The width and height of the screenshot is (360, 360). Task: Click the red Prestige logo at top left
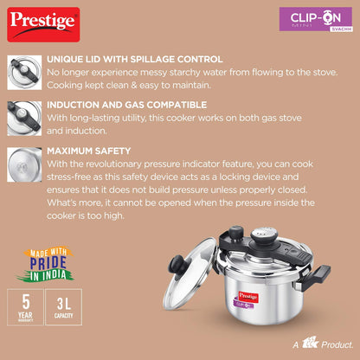click(43, 24)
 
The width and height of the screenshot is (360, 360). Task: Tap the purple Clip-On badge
click(316, 19)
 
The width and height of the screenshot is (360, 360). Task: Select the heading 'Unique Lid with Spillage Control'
click(135, 59)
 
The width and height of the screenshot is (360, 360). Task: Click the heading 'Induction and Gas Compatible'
click(127, 105)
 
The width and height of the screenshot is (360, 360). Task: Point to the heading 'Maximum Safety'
click(89, 151)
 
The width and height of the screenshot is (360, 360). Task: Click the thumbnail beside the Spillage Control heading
click(24, 73)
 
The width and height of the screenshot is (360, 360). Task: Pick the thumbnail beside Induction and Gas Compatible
click(24, 119)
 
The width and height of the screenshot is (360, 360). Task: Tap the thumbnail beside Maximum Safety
click(24, 164)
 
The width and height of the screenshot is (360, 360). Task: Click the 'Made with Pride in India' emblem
click(45, 264)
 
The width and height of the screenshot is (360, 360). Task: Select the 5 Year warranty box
click(25, 307)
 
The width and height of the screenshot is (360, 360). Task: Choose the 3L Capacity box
click(64, 307)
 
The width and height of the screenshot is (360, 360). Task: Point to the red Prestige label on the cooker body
click(248, 296)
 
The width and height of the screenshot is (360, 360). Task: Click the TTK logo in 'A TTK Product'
click(310, 343)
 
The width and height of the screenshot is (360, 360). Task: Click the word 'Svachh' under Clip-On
click(341, 29)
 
